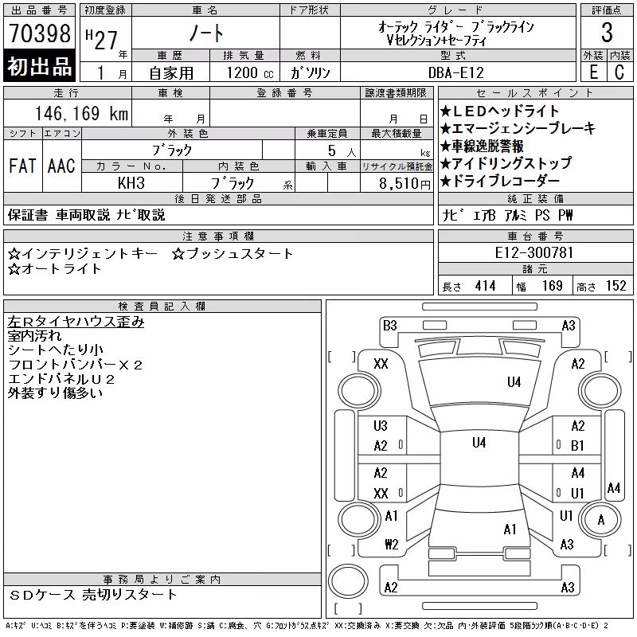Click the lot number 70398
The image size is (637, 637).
click(40, 33)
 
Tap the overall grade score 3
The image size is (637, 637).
click(607, 33)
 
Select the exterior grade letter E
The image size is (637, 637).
click(593, 72)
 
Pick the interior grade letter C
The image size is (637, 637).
click(619, 72)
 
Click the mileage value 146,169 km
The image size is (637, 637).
click(82, 113)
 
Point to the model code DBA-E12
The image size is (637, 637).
click(456, 72)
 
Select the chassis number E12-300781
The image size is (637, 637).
click(533, 252)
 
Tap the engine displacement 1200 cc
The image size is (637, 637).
click(250, 72)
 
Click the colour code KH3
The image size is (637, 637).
click(131, 183)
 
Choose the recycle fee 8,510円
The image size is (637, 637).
click(404, 184)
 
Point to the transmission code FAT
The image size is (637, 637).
click(22, 166)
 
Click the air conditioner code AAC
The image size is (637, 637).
click(61, 166)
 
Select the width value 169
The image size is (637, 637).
click(552, 286)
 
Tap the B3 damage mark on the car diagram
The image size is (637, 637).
click(389, 326)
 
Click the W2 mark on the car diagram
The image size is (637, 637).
click(392, 544)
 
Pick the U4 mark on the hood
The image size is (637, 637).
click(514, 382)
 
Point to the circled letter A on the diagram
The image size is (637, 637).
click(601, 520)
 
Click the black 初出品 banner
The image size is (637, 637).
click(39, 66)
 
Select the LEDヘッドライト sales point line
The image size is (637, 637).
click(500, 111)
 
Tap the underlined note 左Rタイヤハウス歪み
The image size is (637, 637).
click(76, 322)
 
